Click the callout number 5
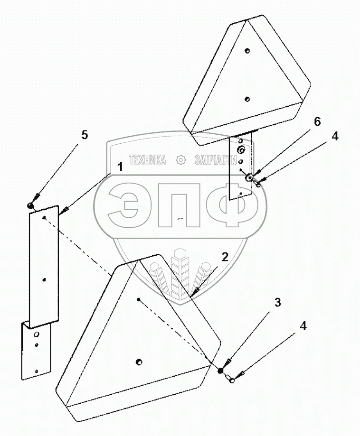coord(84,135)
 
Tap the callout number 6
coord(317,122)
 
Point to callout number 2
coord(225,257)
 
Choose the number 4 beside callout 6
coord(335,136)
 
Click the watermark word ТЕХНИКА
coord(147,160)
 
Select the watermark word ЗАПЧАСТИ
coord(216,160)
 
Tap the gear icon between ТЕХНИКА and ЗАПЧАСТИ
coord(180,160)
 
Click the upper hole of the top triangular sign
coord(247,50)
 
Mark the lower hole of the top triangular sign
coord(247,98)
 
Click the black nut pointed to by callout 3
coord(221,370)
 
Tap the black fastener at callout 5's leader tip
coord(30,205)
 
